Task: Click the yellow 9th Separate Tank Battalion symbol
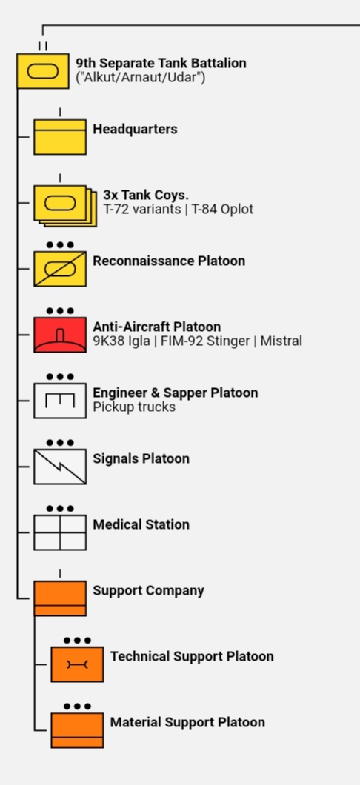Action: click(x=42, y=71)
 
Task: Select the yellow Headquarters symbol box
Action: click(x=60, y=137)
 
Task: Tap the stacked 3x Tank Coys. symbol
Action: click(x=65, y=206)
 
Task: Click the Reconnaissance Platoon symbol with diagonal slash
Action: click(x=60, y=269)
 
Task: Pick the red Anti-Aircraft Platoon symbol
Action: click(x=60, y=335)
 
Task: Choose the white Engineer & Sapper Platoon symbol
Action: click(x=60, y=401)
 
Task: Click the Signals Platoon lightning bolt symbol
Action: click(x=60, y=467)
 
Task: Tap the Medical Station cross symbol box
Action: click(x=60, y=532)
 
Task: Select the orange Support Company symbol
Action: click(x=60, y=598)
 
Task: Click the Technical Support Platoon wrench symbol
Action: click(x=77, y=664)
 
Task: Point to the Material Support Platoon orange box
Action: click(x=77, y=730)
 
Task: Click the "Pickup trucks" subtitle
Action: click(x=134, y=407)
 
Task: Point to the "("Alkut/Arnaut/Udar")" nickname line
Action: click(x=141, y=78)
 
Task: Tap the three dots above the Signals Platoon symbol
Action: click(x=60, y=443)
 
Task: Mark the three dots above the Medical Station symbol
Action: click(x=60, y=509)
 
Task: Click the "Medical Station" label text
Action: click(x=141, y=524)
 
